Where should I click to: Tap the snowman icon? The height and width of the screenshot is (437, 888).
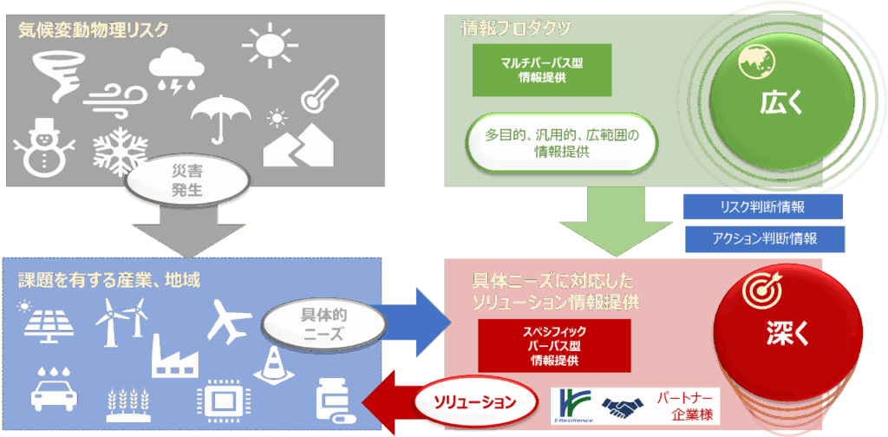point(40,145)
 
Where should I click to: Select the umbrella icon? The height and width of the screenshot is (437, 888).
point(220,116)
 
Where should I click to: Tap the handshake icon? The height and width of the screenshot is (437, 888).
point(622,406)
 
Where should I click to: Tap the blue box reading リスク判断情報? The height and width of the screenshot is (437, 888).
point(762,206)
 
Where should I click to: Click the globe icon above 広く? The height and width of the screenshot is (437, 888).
point(751,62)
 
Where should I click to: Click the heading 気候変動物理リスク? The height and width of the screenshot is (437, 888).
point(94,29)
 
